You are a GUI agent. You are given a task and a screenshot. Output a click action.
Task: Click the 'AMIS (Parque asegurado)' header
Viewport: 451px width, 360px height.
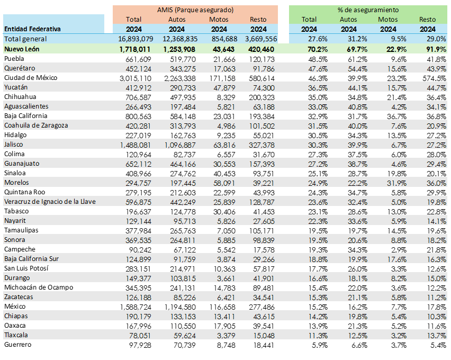click(195, 10)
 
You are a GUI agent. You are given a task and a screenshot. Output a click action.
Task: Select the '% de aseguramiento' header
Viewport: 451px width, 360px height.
click(368, 10)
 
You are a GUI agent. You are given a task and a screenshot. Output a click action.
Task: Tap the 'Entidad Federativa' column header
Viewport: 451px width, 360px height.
click(32, 29)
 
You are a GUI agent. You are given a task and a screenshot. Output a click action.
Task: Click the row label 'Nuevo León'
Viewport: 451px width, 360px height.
click(23, 49)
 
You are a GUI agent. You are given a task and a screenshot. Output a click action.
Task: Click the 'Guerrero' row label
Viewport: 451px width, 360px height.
click(18, 345)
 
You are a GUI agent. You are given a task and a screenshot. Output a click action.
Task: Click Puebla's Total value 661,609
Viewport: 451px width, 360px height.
click(138, 59)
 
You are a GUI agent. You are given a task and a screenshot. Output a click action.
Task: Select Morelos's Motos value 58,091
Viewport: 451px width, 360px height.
click(223, 183)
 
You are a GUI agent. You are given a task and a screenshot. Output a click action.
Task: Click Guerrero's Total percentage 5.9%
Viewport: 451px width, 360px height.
click(319, 345)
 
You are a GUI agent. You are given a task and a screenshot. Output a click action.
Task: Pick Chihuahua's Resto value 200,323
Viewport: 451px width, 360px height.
click(261, 97)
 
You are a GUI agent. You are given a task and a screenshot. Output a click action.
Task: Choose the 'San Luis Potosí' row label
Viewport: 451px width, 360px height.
click(26, 268)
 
